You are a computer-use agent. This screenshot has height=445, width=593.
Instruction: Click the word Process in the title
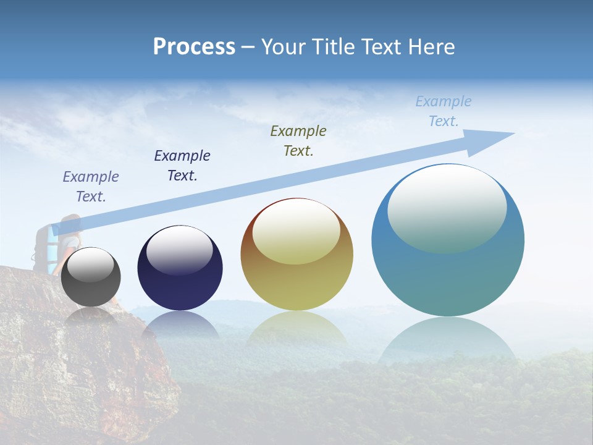[x=194, y=47]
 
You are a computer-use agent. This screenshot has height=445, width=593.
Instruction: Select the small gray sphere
[x=91, y=277]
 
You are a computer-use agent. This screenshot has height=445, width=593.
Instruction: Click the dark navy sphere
[x=180, y=268]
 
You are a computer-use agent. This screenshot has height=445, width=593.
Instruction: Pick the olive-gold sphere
[x=296, y=254]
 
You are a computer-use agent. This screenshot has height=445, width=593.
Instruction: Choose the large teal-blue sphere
[x=448, y=240]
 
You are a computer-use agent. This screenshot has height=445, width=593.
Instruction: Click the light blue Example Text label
[x=444, y=111]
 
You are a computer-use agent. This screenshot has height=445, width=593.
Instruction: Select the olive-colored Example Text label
[x=298, y=140]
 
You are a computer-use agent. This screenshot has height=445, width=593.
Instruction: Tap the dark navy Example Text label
[x=182, y=166]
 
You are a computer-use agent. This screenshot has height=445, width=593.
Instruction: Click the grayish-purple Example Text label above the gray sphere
[x=91, y=186]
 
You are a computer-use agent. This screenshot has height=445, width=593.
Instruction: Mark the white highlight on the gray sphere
[x=90, y=265]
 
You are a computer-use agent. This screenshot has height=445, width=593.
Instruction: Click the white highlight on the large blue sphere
[x=447, y=207]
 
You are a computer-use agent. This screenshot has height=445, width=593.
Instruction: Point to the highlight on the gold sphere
[x=296, y=232]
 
